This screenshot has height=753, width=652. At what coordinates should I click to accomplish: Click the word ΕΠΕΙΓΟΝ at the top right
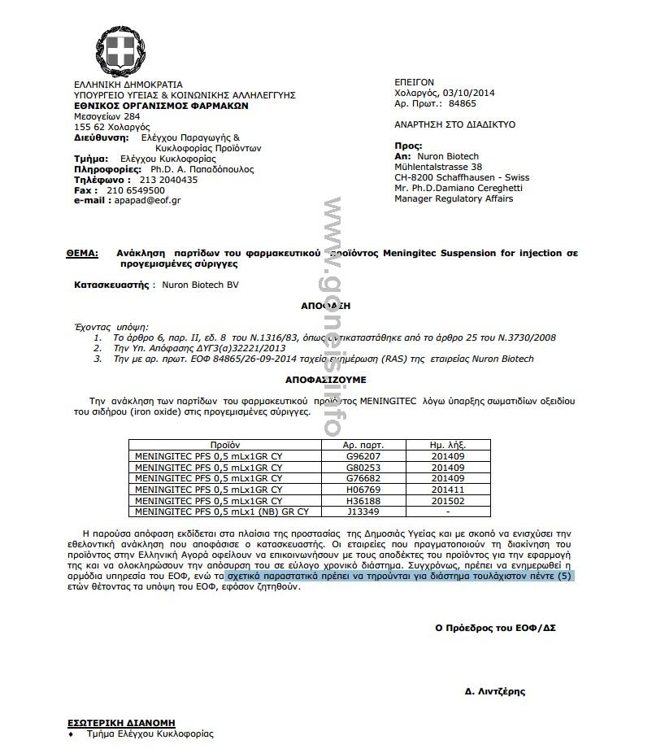414,82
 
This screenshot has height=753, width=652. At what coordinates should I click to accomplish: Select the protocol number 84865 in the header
462,104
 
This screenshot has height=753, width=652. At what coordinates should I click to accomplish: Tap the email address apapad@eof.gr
148,200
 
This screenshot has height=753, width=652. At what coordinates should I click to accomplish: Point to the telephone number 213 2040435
168,180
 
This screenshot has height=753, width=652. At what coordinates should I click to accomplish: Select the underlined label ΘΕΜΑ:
82,254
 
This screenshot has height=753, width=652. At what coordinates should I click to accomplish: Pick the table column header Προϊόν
224,446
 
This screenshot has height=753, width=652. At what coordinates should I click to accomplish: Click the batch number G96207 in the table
363,456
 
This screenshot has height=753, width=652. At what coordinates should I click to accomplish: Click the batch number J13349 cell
363,511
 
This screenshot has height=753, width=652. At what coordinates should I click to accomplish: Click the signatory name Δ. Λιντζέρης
494,691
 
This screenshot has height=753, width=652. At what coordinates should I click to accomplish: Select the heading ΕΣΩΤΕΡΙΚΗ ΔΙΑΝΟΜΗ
120,722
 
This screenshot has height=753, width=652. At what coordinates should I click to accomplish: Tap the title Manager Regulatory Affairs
454,198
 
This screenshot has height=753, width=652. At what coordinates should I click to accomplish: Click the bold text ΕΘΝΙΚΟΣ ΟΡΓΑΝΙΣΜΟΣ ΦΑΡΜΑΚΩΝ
150,106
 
